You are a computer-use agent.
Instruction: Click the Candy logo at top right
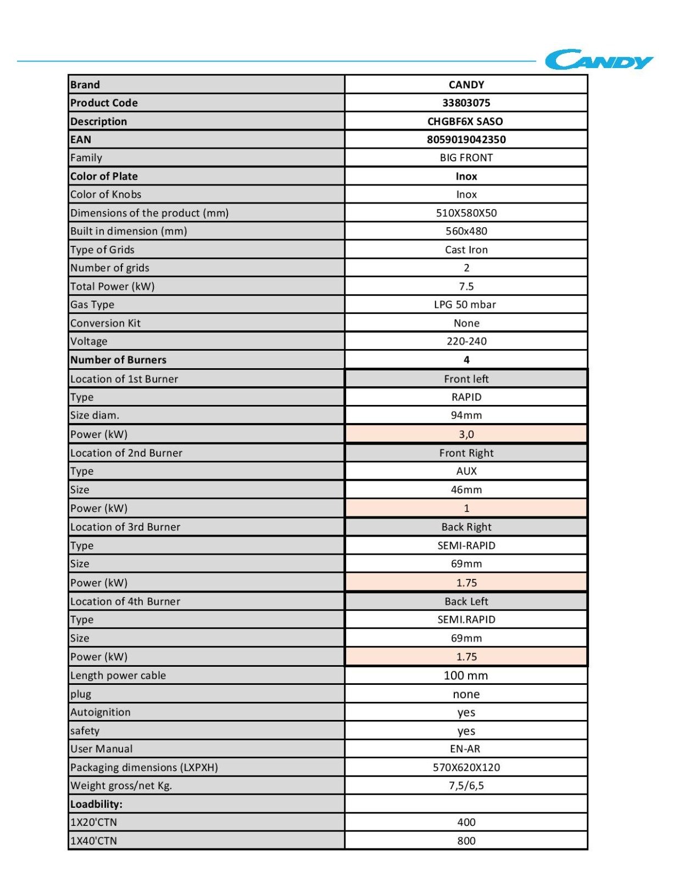598,60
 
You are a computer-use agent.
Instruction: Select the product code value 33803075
466,103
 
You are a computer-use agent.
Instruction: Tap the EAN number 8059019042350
466,139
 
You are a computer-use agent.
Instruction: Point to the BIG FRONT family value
466,157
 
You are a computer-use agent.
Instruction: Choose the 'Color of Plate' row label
104,176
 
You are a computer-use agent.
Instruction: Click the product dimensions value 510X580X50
466,213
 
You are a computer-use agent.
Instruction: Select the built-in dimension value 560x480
466,231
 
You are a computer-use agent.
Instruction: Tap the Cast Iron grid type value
466,250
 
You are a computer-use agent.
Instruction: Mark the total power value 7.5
466,286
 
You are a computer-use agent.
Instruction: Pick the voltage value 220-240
466,341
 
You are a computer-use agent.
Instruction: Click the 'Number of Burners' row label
118,360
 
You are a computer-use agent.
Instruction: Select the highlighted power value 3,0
466,435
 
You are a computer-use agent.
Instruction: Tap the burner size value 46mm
466,489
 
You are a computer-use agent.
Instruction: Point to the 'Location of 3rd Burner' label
125,527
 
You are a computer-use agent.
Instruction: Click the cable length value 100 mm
465,676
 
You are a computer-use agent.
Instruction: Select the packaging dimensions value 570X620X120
466,767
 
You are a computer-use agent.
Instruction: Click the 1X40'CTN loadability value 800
466,841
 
